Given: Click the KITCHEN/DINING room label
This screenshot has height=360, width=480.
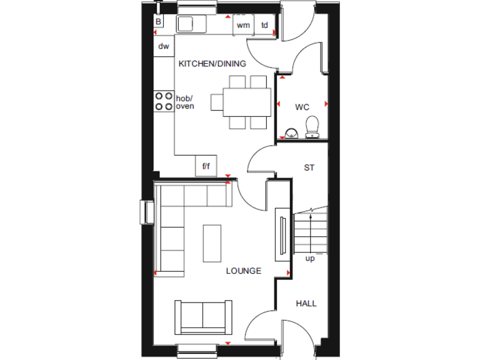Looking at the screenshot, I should [x=212, y=64].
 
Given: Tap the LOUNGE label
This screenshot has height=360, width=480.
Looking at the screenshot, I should [x=243, y=271].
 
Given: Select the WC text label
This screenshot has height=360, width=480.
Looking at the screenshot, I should [x=302, y=107].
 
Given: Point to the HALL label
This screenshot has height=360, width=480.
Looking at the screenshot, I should [x=306, y=304].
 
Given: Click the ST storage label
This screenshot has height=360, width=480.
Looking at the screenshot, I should [x=309, y=167].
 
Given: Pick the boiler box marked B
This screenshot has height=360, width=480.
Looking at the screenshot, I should [x=159, y=22].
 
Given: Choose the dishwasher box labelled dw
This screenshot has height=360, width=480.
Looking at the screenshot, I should [x=164, y=46].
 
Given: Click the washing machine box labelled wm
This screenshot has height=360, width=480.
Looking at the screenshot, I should [x=243, y=25].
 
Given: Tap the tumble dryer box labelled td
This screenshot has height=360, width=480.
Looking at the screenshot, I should [x=265, y=25].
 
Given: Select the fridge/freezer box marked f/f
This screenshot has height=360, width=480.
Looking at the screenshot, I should [x=205, y=167].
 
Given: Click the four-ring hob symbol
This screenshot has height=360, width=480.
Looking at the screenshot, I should [x=164, y=101].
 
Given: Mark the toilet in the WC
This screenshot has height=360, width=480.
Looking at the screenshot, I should [x=312, y=127].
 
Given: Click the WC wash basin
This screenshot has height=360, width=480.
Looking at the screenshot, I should [x=291, y=131].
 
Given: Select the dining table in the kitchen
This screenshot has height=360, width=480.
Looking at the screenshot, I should [x=241, y=102].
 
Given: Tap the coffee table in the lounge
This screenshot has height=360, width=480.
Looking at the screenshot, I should [x=212, y=243].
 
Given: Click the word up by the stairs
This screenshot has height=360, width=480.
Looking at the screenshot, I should [x=310, y=258].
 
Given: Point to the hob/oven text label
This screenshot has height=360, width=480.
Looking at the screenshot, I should [x=185, y=102].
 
